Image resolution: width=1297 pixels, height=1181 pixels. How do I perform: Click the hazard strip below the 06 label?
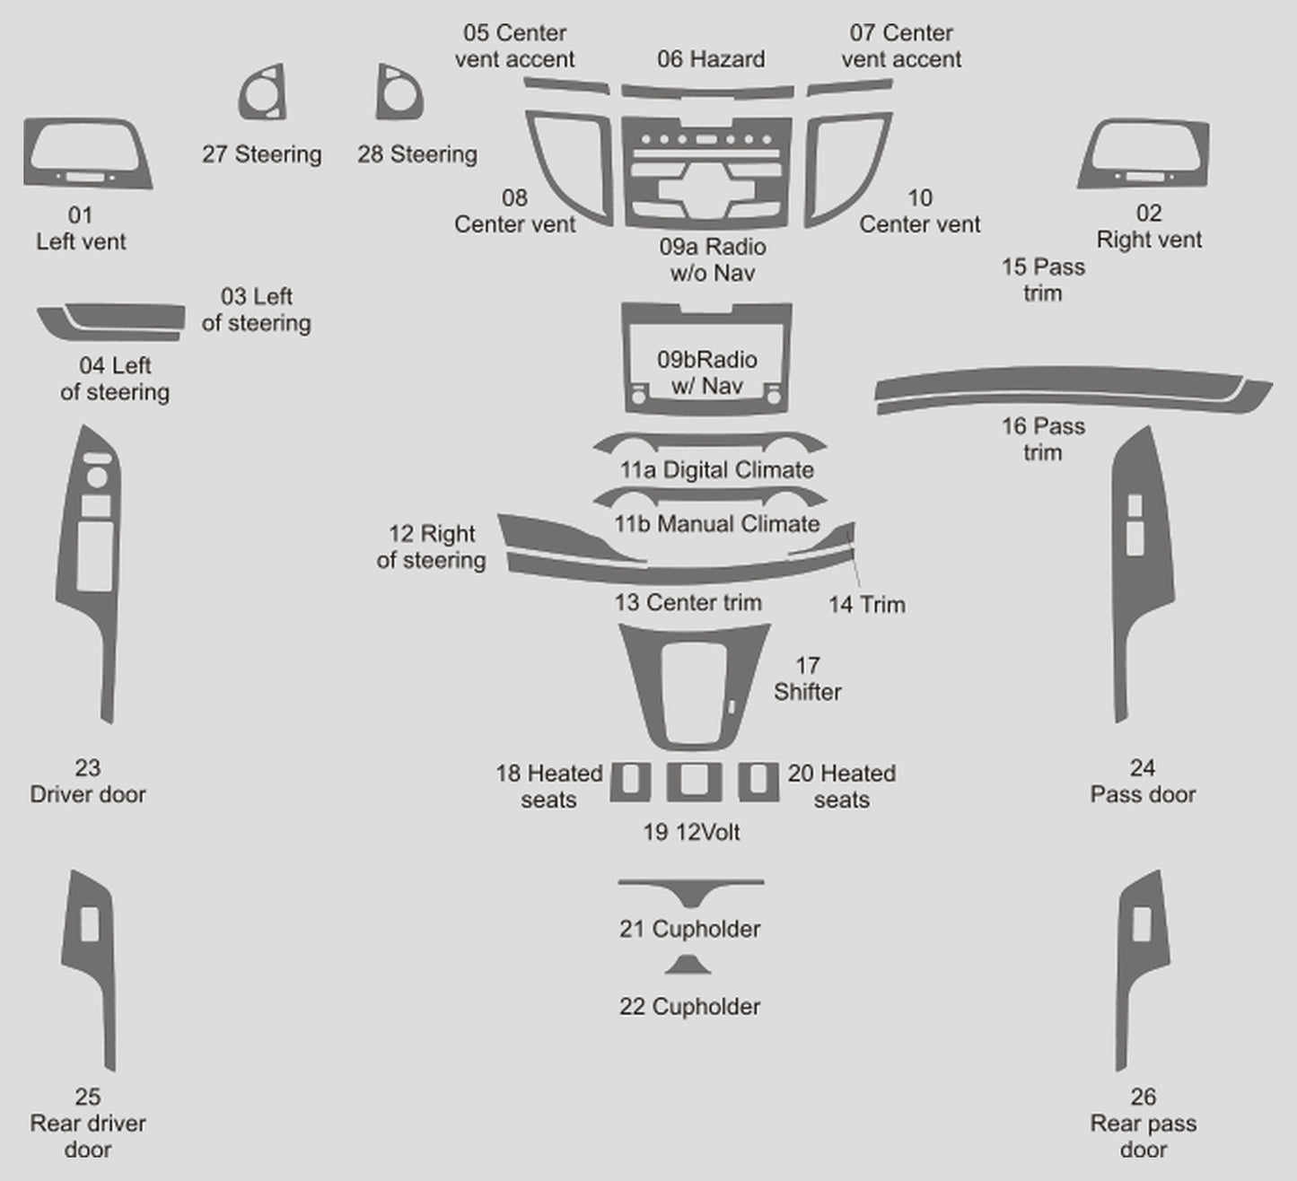point(708,92)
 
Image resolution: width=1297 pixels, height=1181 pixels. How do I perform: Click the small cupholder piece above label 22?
point(688,966)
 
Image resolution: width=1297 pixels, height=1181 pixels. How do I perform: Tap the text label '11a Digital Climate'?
point(716,470)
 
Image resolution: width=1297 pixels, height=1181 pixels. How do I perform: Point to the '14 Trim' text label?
point(866,605)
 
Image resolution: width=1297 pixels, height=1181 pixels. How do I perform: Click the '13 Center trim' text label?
point(688,602)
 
